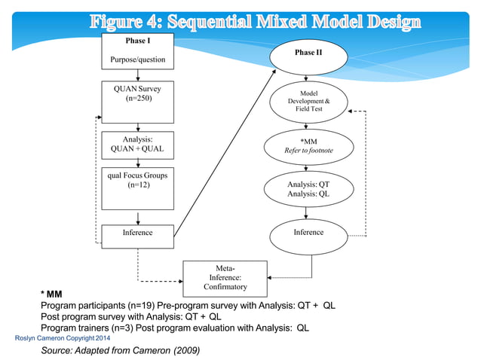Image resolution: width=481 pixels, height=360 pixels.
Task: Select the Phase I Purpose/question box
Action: (x=137, y=50)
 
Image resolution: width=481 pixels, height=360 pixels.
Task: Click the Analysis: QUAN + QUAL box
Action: (x=137, y=145)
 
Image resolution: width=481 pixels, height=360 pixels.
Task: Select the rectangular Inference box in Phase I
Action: (x=137, y=233)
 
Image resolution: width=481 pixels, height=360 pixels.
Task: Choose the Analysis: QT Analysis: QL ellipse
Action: (x=308, y=189)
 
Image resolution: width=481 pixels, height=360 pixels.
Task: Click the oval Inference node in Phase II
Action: (x=308, y=233)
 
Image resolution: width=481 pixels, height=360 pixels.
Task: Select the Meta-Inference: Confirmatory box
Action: (x=225, y=277)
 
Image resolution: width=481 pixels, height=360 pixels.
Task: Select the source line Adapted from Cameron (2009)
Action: (x=120, y=351)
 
